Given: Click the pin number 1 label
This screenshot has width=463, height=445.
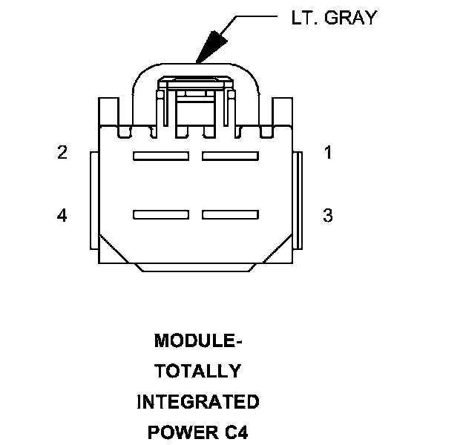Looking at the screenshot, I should pos(327,153).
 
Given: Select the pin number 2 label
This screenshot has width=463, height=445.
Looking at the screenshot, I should pos(62,153).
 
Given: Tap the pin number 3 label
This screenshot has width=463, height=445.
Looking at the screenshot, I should pos(327,216).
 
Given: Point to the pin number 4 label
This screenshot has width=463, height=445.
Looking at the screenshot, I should pos(62,216).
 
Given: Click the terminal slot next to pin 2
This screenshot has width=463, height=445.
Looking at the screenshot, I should pos(159,156).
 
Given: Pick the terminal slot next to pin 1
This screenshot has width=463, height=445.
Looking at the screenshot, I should pos(229,156).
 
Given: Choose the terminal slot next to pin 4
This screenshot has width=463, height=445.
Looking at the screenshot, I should pos(159,215).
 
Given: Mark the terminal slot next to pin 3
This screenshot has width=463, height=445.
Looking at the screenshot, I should pos(229,215).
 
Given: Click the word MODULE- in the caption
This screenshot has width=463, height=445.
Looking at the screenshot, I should pos(198,341).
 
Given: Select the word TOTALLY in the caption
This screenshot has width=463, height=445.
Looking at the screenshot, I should pos(198,372).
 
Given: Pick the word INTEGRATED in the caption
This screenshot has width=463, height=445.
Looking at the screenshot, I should pos(198,402).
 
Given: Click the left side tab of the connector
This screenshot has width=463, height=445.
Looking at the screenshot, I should pos(93,200).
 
